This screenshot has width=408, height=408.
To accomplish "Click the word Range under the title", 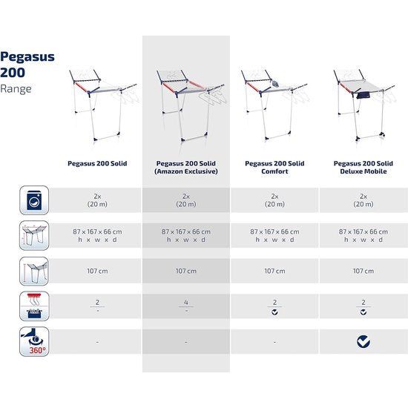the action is (x=16, y=89).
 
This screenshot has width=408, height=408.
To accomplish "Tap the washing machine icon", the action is (x=34, y=200).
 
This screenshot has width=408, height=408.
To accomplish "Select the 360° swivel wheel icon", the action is (x=34, y=342).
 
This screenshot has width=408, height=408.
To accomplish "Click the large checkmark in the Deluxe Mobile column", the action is (x=363, y=342).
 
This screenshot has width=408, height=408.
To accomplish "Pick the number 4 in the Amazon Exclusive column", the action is (x=185, y=303).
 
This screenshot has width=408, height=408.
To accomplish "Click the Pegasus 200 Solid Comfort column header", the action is (x=274, y=168).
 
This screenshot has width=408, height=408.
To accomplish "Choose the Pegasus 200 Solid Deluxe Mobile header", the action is (x=363, y=168).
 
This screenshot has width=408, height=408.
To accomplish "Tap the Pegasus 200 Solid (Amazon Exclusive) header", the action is (x=185, y=168).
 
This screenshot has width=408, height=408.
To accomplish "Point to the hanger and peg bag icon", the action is (x=34, y=306).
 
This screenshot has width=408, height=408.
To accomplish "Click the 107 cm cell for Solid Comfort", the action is (x=274, y=271).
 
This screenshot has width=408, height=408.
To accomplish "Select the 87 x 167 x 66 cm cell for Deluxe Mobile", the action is (x=363, y=235).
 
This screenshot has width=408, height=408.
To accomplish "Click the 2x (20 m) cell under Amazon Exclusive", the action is (x=185, y=200).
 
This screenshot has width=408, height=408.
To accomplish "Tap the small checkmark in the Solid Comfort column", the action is (x=274, y=312).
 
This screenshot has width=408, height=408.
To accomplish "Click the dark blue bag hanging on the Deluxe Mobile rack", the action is (x=363, y=95).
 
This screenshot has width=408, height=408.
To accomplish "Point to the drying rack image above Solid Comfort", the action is (x=274, y=105).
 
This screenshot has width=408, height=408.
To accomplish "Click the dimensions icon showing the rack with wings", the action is (x=34, y=235).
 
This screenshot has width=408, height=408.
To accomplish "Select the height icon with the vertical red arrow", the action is (x=34, y=271).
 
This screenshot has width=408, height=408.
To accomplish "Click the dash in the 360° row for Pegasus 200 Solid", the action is (x=97, y=342).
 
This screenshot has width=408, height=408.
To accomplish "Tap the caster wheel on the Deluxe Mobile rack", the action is (x=383, y=134).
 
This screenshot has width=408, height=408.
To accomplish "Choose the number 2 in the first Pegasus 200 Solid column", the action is (x=97, y=303).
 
